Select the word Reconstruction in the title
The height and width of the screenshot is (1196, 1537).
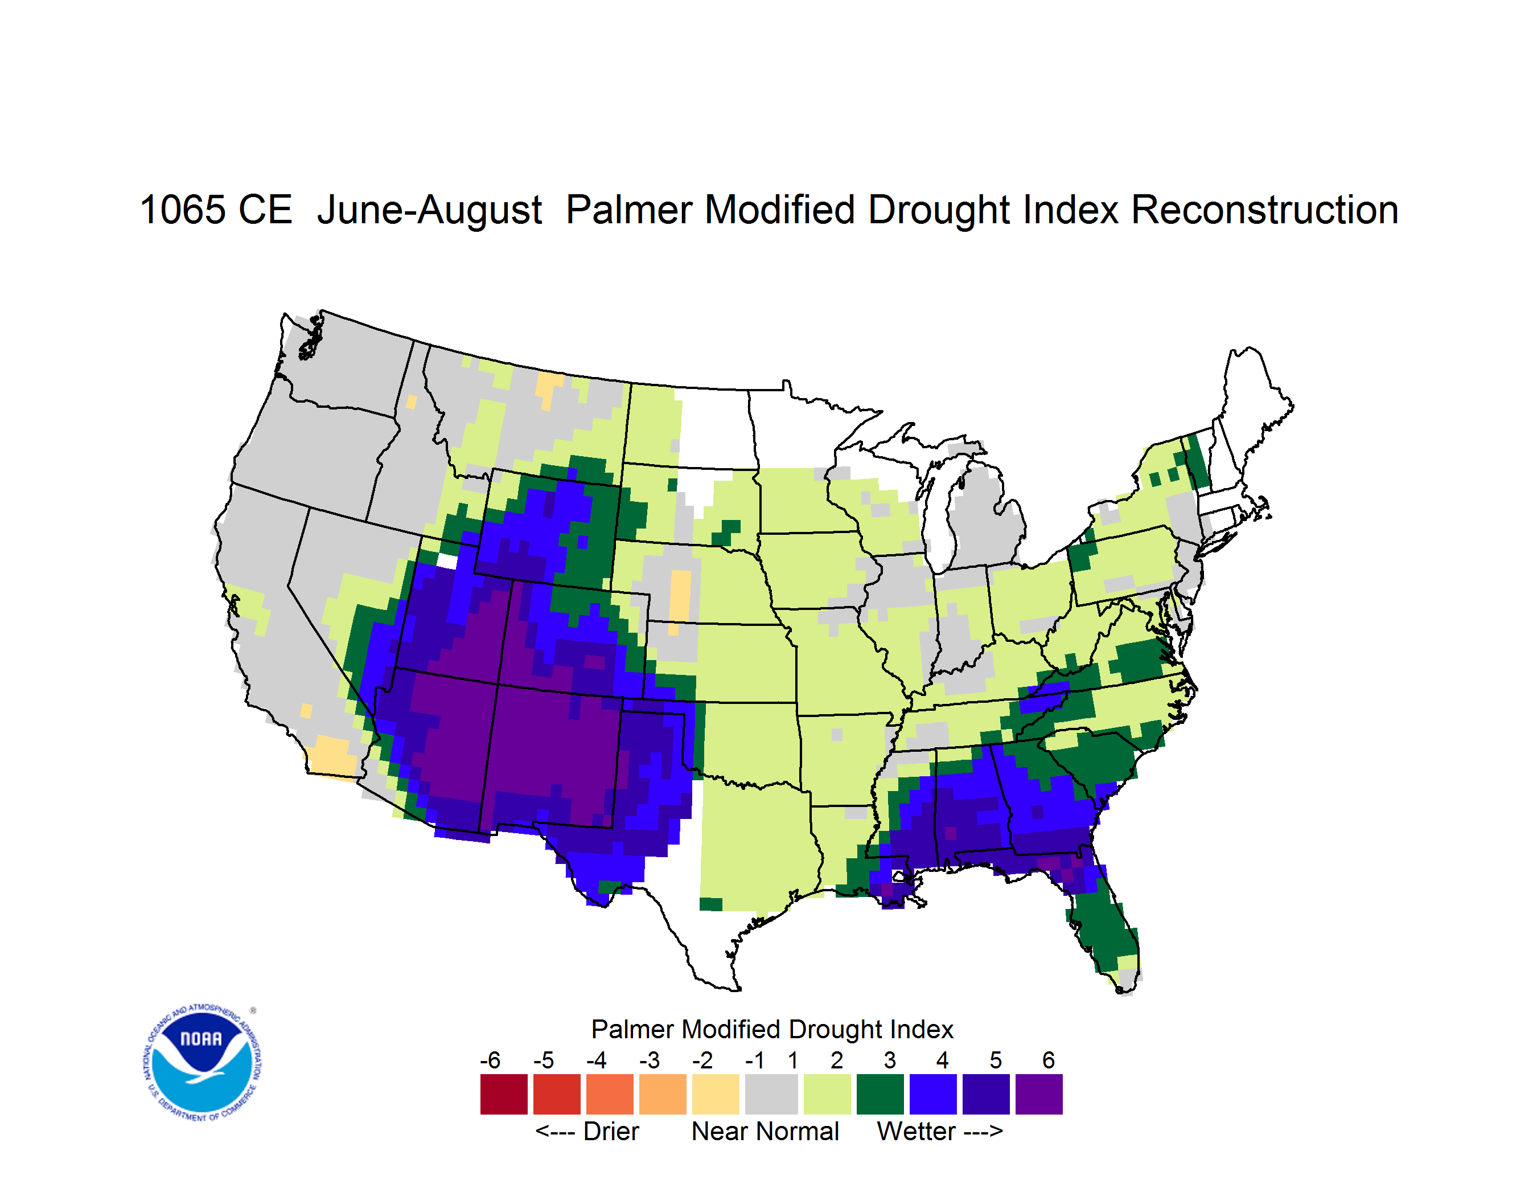1265,210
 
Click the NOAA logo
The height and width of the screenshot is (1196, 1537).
202,1063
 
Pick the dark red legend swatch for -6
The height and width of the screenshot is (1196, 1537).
504,1094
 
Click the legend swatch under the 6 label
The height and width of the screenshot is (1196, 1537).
1039,1094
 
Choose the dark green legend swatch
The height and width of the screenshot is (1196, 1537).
880,1094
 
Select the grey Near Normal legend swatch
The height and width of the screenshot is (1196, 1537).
771,1094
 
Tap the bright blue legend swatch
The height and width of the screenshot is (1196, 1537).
933,1094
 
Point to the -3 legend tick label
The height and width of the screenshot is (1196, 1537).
650,1060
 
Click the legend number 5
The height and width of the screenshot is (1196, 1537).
995,1060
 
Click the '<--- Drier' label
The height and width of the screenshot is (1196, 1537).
587,1131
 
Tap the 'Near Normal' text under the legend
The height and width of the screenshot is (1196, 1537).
765,1131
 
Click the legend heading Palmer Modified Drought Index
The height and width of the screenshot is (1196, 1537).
772,1029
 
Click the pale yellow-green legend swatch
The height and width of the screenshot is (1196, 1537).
827,1094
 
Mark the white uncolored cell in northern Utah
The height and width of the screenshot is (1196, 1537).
447,561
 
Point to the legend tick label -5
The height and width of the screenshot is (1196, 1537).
543,1060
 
